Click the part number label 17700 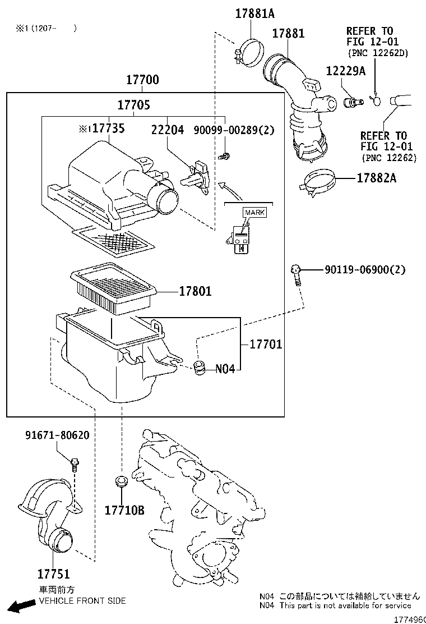[x=142, y=80]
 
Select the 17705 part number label [x=133, y=105]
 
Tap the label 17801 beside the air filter [x=196, y=291]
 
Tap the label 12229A [x=346, y=71]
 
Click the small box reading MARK [x=254, y=213]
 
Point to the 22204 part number [x=167, y=130]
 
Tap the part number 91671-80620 [x=57, y=435]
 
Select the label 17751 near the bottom [x=54, y=574]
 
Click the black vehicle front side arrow [x=22, y=606]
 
